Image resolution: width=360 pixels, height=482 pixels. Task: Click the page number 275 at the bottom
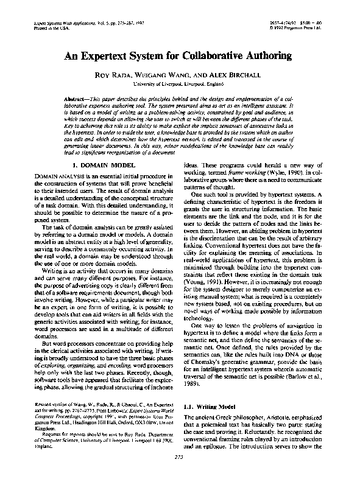[x=179, y=472]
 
